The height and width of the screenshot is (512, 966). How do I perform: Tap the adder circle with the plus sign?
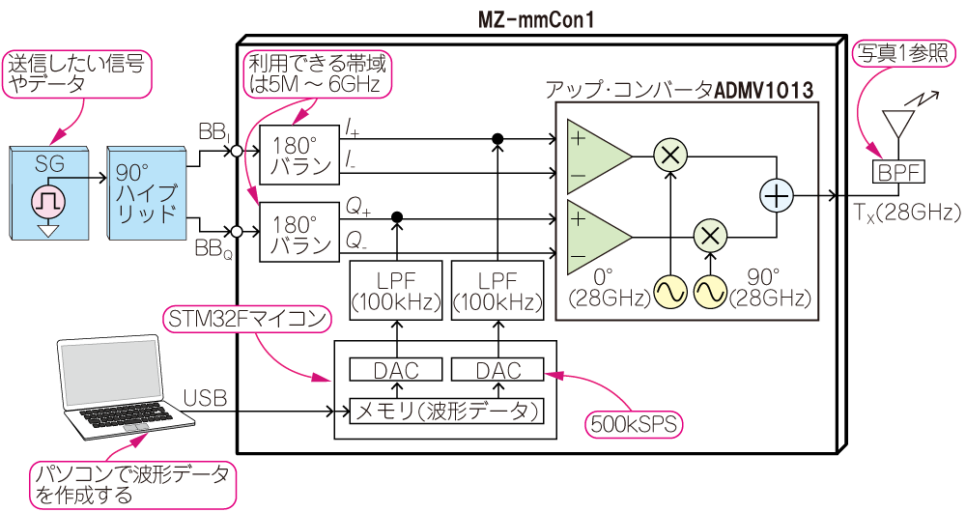click(777, 195)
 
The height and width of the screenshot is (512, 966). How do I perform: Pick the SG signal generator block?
click(48, 192)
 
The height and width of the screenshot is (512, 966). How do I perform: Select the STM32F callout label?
click(246, 318)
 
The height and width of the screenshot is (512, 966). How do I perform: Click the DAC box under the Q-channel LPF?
click(395, 370)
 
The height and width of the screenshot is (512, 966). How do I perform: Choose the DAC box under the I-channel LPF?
click(498, 370)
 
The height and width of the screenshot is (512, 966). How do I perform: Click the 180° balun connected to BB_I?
click(300, 154)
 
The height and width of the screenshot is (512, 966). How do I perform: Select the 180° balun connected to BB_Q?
click(300, 231)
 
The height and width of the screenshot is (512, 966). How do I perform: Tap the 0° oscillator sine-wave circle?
click(670, 291)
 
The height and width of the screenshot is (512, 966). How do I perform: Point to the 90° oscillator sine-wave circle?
click(711, 291)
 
